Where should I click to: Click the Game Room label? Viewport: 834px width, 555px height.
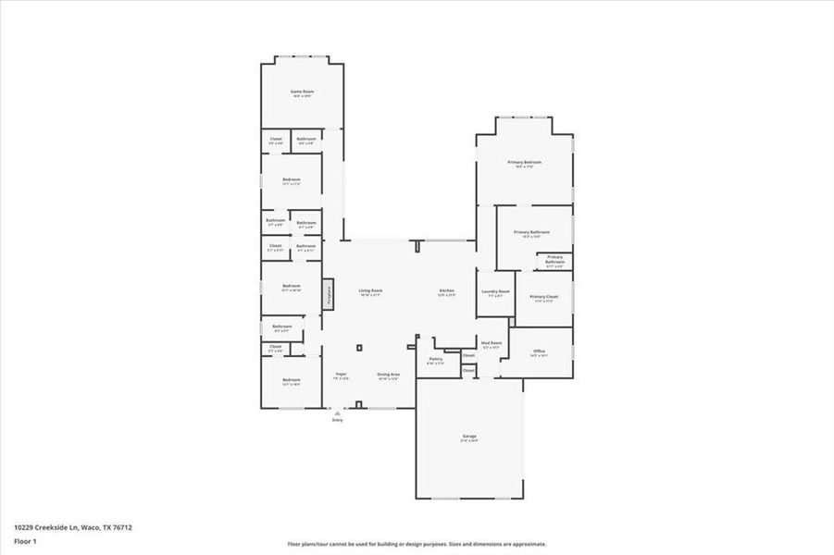click(x=303, y=92)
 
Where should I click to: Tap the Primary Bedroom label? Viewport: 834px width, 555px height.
click(x=525, y=162)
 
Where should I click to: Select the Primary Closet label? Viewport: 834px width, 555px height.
click(x=543, y=297)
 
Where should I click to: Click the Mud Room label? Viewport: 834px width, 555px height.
click(x=491, y=343)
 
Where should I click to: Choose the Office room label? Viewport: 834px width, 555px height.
click(x=539, y=351)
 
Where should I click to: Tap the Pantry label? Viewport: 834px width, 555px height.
click(x=435, y=359)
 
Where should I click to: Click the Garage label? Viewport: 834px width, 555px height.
click(x=469, y=436)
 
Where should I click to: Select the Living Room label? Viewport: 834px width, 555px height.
click(x=370, y=290)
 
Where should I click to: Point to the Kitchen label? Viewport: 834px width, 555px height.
click(x=446, y=290)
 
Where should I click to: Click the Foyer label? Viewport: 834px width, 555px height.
click(x=341, y=374)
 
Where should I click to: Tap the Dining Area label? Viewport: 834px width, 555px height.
click(x=387, y=374)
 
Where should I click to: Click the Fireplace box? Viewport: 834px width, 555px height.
click(x=328, y=294)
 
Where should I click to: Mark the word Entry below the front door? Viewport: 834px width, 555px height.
click(x=337, y=420)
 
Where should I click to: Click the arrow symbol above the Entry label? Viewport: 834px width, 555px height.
click(x=337, y=413)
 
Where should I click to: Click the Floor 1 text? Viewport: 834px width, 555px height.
click(x=25, y=540)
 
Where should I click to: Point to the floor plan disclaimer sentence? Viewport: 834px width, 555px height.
click(x=417, y=544)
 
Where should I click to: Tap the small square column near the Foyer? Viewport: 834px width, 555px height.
click(x=359, y=348)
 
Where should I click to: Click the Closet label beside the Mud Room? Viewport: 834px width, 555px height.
click(x=468, y=355)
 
